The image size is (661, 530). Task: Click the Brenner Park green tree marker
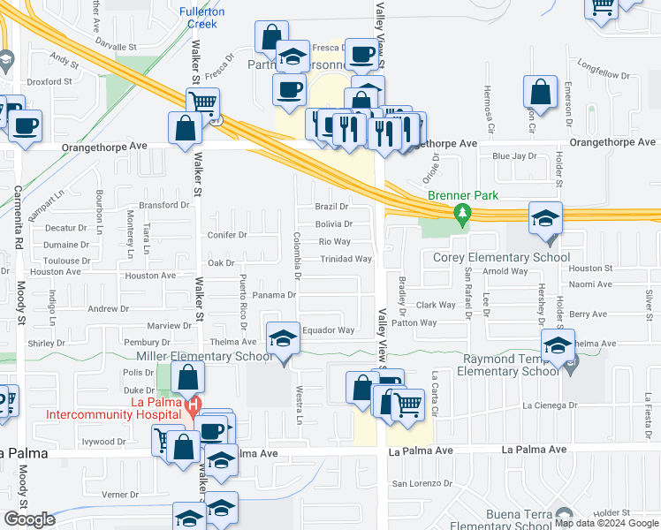click(460, 214)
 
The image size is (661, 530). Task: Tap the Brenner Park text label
click(463, 195)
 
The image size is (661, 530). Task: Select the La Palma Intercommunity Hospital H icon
click(193, 407)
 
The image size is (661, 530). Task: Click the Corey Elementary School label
click(501, 258)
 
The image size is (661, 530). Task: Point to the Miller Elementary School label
click(203, 356)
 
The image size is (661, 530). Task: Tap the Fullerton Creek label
click(201, 18)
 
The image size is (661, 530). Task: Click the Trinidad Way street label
click(346, 260)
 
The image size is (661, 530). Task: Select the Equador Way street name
click(328, 330)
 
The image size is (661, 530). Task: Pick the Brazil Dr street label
click(331, 206)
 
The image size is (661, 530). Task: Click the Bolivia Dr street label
click(334, 224)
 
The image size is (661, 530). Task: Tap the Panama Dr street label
click(273, 295)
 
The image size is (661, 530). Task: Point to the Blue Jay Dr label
click(514, 156)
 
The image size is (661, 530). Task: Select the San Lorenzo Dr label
click(422, 484)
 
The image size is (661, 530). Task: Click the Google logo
click(29, 519)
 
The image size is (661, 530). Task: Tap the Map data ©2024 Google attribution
click(606, 522)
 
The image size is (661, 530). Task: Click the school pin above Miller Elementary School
click(283, 340)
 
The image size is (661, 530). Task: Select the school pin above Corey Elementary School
click(545, 218)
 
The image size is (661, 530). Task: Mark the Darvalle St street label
click(113, 46)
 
